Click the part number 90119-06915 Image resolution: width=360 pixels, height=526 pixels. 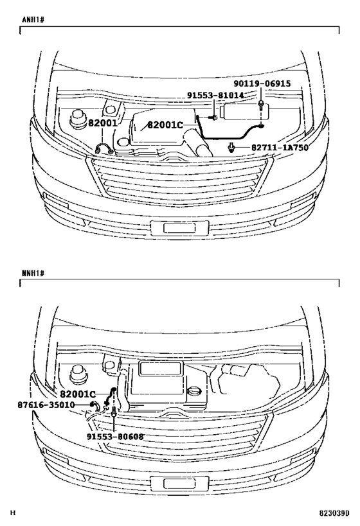coord(262,83)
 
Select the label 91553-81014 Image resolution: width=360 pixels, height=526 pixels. coord(215,96)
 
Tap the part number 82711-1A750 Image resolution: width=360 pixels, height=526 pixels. coord(280,148)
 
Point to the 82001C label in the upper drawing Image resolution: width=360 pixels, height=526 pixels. coord(165,125)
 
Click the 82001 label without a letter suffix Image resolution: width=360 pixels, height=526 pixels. coord(103,123)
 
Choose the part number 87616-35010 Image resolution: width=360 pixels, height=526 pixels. coord(46,405)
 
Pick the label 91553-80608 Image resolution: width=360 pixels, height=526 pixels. coord(115,437)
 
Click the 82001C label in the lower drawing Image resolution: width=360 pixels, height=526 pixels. coord(78,394)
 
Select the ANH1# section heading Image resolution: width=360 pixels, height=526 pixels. coord(33,19)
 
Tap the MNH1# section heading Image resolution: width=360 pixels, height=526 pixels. coord(33,273)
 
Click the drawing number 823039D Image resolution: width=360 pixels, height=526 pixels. coord(334,513)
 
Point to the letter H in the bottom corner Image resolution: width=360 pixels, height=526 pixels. coord(13,513)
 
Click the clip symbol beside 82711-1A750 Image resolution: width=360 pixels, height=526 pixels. coord(231,147)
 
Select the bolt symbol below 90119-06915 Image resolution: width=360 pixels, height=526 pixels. coord(261,105)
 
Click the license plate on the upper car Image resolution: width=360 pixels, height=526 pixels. coord(179,228)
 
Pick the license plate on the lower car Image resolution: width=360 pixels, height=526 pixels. coord(179,484)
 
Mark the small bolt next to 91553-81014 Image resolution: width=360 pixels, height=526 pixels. coord(213,118)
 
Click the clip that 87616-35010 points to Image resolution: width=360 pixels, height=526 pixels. coord(94,406)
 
